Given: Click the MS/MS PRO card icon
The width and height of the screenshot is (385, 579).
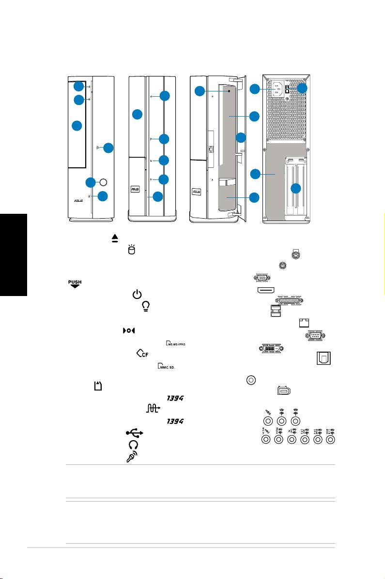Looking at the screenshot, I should click(x=176, y=343).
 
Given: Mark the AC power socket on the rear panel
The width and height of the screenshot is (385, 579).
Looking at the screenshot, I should click(x=277, y=89).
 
